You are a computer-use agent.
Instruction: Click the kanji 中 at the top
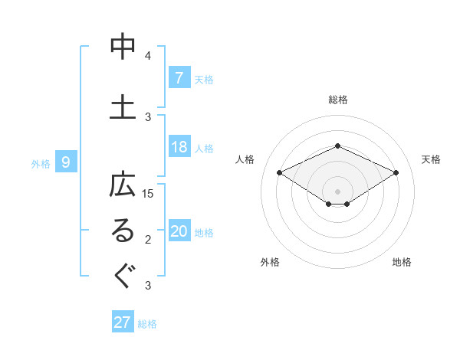[123, 47]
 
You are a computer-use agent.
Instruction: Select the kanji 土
[123, 106]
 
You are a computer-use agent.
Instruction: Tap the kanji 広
[123, 187]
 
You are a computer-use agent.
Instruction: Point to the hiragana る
[123, 232]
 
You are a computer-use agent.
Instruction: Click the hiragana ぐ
[123, 276]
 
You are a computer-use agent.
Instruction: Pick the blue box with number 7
[179, 77]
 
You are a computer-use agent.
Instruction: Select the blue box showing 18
[179, 147]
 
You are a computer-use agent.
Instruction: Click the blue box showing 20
[179, 232]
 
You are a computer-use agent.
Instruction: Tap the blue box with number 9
[66, 162]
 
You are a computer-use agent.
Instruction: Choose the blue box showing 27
[123, 322]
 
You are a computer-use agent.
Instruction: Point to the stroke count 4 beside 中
[148, 56]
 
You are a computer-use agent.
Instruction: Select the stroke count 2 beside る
[148, 241]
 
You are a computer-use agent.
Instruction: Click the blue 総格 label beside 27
[147, 324]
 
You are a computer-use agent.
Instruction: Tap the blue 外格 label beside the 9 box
[41, 163]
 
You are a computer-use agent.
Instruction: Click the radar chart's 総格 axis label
[337, 100]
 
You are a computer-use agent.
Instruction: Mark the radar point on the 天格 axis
[396, 173]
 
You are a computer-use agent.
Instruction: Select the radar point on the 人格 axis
[279, 173]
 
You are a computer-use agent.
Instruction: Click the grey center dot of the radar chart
[337, 191]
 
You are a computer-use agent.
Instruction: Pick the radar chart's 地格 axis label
[402, 262]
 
